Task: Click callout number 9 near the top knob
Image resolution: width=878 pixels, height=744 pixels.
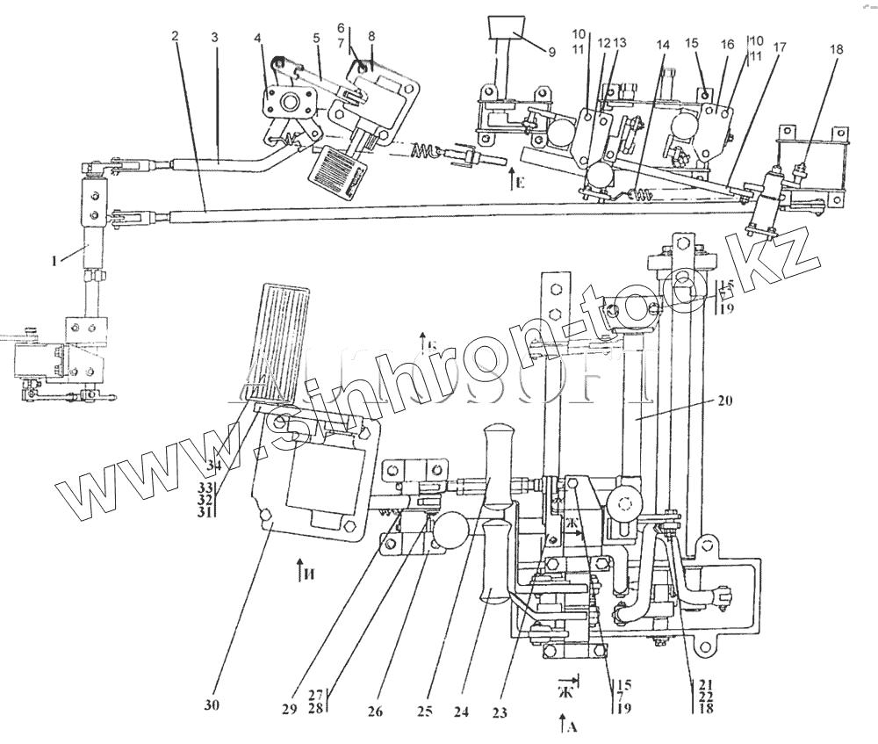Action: click(x=551, y=52)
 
